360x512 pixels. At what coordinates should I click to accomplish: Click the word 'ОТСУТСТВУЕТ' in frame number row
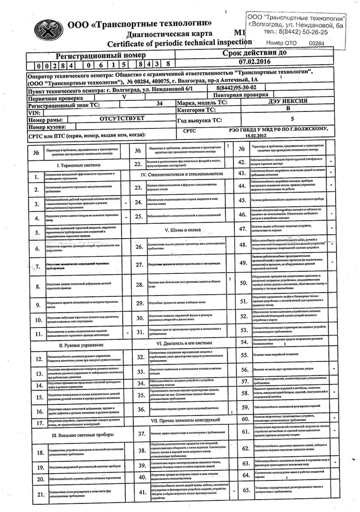122,118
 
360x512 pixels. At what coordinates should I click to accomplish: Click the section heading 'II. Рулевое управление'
81,344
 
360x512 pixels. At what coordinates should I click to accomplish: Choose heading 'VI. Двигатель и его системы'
184,343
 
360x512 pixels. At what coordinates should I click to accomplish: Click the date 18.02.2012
256,136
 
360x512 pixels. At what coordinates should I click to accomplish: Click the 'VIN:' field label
35,112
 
